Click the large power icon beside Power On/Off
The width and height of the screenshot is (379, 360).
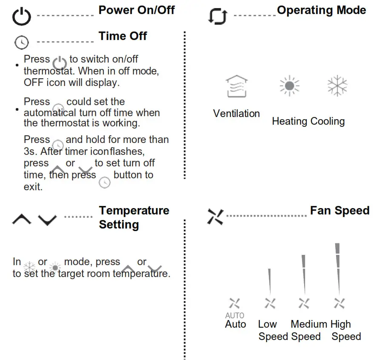[x=21, y=17]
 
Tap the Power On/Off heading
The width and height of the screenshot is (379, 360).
[x=136, y=10]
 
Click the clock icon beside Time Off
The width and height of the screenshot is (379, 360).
[x=22, y=42]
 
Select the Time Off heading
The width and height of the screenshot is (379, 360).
[x=123, y=36]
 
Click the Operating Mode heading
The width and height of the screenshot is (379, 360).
[x=321, y=10]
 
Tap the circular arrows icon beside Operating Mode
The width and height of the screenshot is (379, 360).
[x=217, y=16]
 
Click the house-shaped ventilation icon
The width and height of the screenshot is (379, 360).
[x=237, y=87]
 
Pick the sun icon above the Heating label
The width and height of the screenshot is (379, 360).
[x=289, y=86]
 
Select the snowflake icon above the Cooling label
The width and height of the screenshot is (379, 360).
[x=337, y=86]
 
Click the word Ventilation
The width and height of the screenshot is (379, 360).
[x=237, y=114]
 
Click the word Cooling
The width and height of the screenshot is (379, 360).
[x=328, y=121]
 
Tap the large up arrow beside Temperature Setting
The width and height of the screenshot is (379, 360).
[x=22, y=219]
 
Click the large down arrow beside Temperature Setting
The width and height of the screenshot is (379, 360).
[x=47, y=220]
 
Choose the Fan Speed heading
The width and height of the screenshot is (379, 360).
[x=339, y=210]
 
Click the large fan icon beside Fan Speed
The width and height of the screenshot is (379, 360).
[x=215, y=217]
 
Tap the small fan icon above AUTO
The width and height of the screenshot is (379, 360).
[x=234, y=303]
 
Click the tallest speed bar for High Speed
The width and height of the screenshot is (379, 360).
[x=338, y=268]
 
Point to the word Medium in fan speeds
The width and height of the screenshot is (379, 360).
[x=308, y=324]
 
